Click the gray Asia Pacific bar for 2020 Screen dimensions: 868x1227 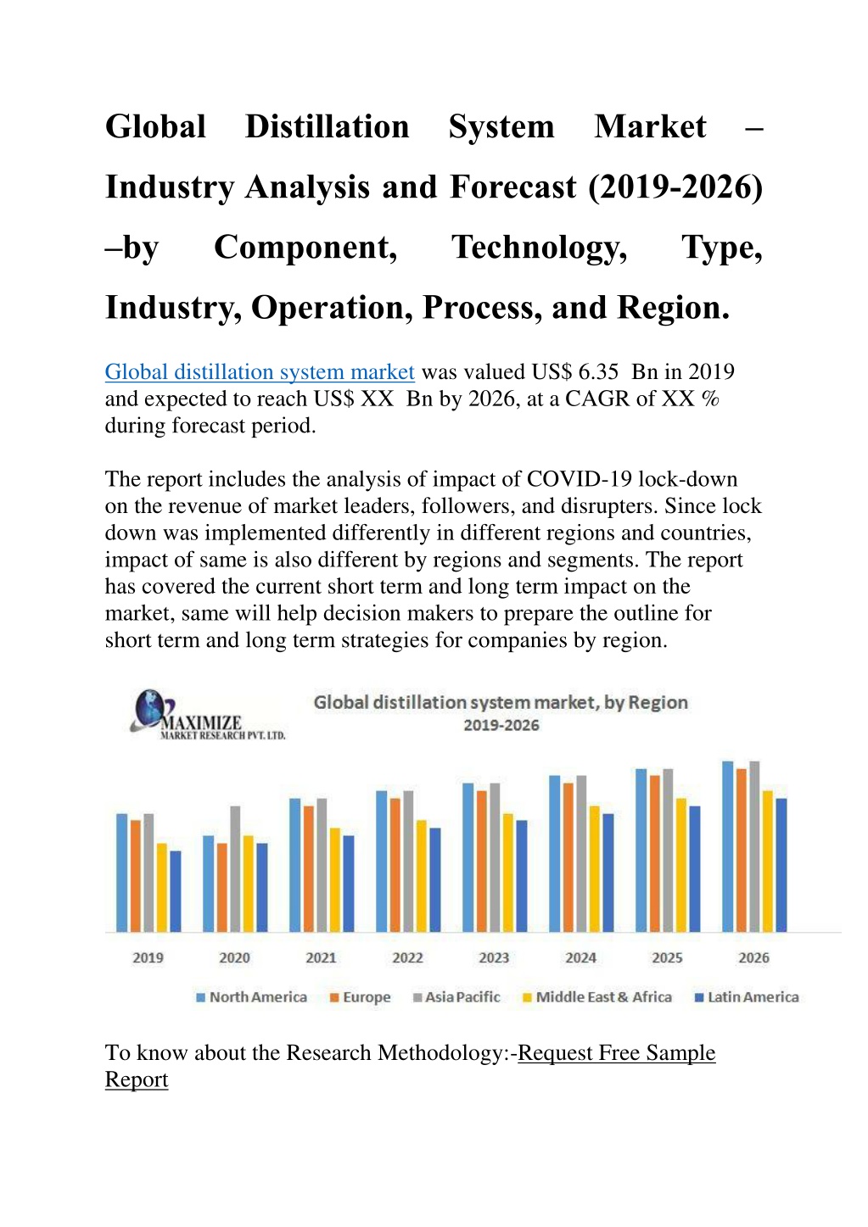[235, 868]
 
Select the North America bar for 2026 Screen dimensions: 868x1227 [728, 846]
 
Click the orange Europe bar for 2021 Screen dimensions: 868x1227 [309, 868]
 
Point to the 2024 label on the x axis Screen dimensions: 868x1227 [581, 957]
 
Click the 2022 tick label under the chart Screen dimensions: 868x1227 [407, 957]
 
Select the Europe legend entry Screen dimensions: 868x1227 [361, 997]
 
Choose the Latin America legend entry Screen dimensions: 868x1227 [747, 997]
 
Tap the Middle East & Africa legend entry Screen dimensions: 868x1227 [597, 997]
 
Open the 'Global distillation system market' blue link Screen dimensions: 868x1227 [260, 371]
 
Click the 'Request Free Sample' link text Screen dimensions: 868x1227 [617, 1053]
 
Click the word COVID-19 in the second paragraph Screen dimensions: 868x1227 [580, 479]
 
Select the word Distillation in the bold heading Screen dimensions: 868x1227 [328, 126]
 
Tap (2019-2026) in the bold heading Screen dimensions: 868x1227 [675, 187]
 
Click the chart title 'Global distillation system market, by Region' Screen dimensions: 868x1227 [501, 702]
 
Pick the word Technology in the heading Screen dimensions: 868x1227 [540, 248]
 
